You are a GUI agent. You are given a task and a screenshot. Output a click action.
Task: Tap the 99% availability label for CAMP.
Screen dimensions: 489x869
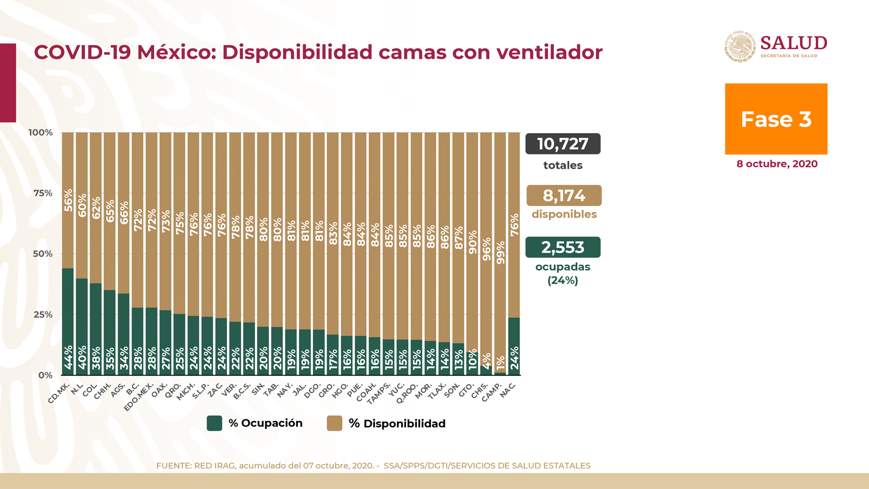(x=500, y=253)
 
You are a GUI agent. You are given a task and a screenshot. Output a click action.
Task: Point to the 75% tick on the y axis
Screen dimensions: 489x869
(x=43, y=193)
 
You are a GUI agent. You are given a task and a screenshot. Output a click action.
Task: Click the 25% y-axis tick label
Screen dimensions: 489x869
(x=43, y=314)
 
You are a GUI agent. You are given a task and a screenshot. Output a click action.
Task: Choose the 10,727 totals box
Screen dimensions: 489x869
(x=563, y=144)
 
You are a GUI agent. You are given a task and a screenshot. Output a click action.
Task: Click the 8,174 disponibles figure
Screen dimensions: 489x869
(x=564, y=196)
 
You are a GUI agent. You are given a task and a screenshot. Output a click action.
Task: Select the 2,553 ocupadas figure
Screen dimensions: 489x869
(x=563, y=247)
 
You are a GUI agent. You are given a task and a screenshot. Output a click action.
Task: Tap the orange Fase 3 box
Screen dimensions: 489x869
(x=776, y=119)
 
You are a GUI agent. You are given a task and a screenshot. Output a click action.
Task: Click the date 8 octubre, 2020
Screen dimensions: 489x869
(x=777, y=164)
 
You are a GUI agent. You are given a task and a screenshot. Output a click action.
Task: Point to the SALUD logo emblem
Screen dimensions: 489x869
(x=740, y=47)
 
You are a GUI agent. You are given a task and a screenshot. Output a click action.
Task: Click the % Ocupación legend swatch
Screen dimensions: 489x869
(x=215, y=423)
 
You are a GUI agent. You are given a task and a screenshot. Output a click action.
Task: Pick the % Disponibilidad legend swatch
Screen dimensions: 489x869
(x=334, y=423)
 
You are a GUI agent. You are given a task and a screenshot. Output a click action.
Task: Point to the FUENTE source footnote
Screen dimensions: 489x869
(x=373, y=466)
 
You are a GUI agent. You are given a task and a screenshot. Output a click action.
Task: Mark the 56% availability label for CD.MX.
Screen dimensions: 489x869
(x=68, y=200)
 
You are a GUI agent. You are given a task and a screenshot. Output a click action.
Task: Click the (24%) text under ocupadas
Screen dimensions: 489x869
(x=563, y=281)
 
